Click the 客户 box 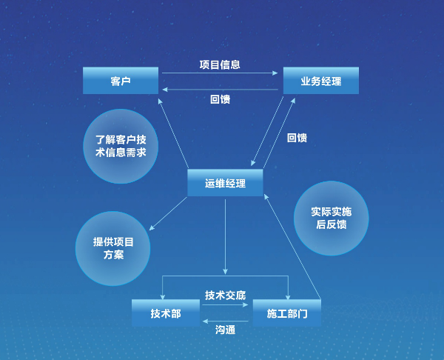click(x=121, y=80)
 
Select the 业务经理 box click(x=320, y=80)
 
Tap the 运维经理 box click(x=224, y=182)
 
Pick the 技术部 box click(x=165, y=313)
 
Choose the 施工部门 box click(x=286, y=313)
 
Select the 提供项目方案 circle click(x=112, y=248)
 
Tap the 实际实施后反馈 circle click(x=331, y=218)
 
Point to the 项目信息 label click(x=220, y=64)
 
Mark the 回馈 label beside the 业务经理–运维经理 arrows click(x=297, y=138)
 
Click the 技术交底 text click(x=225, y=295)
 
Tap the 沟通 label click(x=226, y=330)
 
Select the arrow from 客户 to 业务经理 click(x=220, y=73)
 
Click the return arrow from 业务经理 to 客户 click(x=220, y=90)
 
